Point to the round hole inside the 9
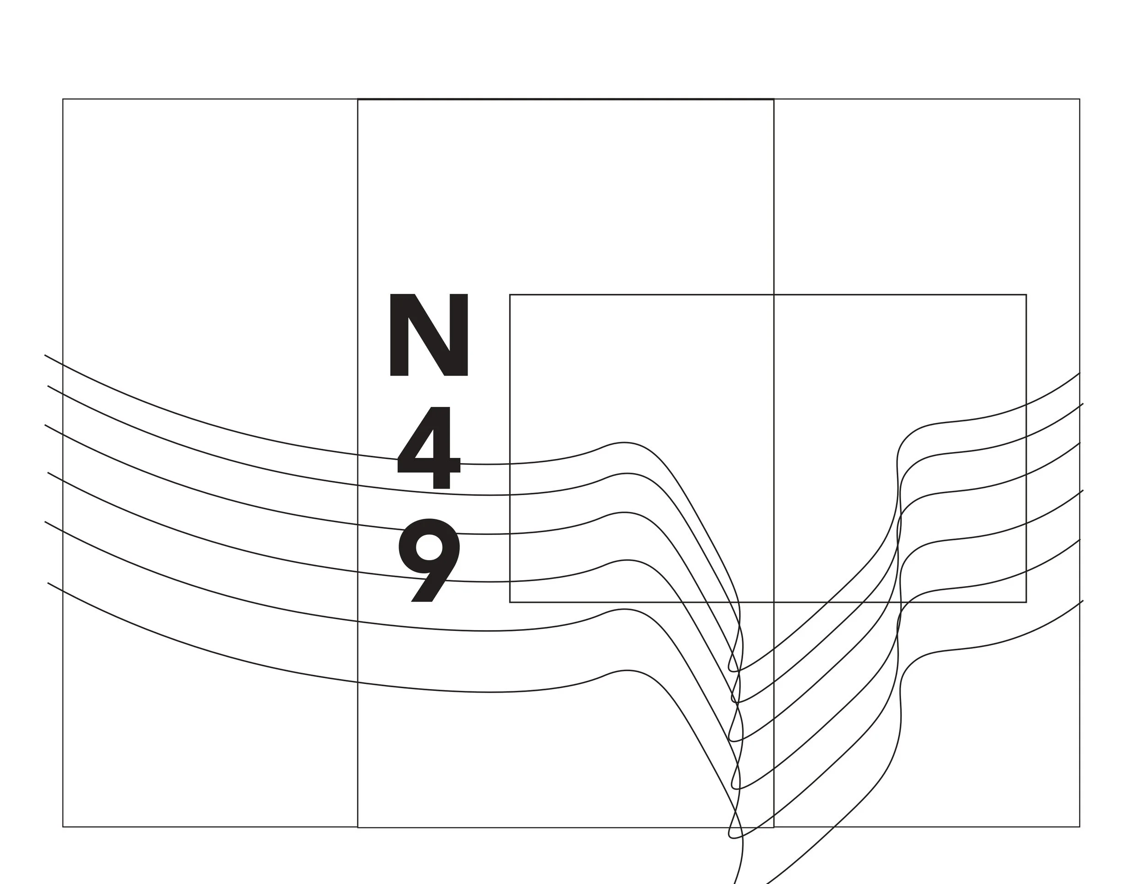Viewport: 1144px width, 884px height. tap(429, 547)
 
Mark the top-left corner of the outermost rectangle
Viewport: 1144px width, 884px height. tap(63, 99)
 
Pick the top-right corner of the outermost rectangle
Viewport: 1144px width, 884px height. tap(1079, 99)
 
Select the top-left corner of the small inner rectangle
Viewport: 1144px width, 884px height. tap(510, 295)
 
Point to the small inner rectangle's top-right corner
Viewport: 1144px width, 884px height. tap(1026, 295)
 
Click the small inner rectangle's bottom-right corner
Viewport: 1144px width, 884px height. tap(1026, 602)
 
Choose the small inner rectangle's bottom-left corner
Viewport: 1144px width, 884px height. tap(510, 602)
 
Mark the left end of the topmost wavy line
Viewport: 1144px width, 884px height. tap(45, 355)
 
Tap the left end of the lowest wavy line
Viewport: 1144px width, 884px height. tap(48, 583)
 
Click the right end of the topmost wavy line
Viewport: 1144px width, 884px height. tap(1079, 373)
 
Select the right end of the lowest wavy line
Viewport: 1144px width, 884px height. tap(1082, 601)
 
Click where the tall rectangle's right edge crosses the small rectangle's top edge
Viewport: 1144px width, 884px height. tap(774, 295)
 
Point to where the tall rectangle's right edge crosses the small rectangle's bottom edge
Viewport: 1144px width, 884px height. tap(774, 602)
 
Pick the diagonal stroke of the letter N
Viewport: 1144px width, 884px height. tap(428, 335)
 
